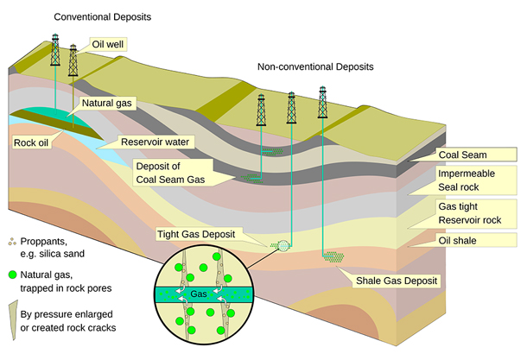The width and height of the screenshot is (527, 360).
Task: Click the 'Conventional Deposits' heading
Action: click(103, 16)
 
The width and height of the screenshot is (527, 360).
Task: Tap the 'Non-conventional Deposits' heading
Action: click(315, 66)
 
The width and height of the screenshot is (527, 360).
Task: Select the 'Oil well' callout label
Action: click(108, 44)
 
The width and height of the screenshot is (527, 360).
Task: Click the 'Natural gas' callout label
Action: click(107, 103)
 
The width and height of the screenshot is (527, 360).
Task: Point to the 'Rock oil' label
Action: click(31, 142)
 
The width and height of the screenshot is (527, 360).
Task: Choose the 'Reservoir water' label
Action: click(155, 142)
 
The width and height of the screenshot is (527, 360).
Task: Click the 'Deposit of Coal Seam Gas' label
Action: click(170, 173)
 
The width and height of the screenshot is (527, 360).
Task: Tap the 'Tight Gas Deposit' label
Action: click(196, 234)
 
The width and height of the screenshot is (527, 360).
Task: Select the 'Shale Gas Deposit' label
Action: click(397, 281)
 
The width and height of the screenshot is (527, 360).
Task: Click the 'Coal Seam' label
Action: click(462, 155)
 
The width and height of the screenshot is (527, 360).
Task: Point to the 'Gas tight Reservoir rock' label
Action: click(469, 213)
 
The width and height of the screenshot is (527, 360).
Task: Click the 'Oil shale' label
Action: click(457, 241)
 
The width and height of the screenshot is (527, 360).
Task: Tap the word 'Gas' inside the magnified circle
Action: click(199, 294)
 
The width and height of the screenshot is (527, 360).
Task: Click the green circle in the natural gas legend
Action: click(12, 275)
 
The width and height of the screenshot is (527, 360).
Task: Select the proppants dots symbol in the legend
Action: click(12, 241)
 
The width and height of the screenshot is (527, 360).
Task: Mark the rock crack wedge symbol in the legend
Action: click(13, 320)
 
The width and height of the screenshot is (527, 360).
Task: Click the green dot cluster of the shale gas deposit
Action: click(333, 257)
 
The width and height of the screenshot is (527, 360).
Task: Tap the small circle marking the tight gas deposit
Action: click(283, 246)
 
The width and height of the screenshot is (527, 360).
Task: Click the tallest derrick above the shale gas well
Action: click(322, 102)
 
